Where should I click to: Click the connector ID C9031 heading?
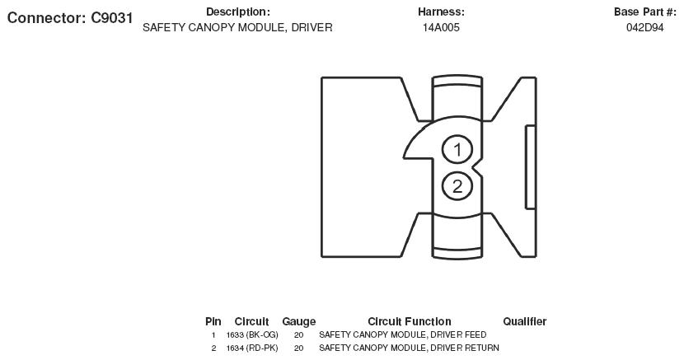[70, 18]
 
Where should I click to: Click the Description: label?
[237, 12]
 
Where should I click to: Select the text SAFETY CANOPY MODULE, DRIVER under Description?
[237, 27]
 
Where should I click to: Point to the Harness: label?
[441, 12]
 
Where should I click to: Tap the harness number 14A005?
[441, 27]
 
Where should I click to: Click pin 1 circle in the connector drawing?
[457, 150]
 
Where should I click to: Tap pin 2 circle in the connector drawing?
[457, 186]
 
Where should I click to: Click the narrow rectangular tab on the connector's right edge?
[531, 167]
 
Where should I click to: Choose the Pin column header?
[213, 321]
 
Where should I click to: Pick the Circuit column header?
[251, 321]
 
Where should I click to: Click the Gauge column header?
[298, 321]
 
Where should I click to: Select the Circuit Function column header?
[409, 321]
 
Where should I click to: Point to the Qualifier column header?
[524, 321]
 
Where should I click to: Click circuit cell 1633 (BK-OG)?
[252, 335]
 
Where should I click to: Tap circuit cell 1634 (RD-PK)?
[252, 348]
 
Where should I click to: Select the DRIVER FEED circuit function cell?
[402, 335]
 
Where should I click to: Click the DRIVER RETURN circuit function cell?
[409, 348]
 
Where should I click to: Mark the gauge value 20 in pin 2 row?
[298, 348]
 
